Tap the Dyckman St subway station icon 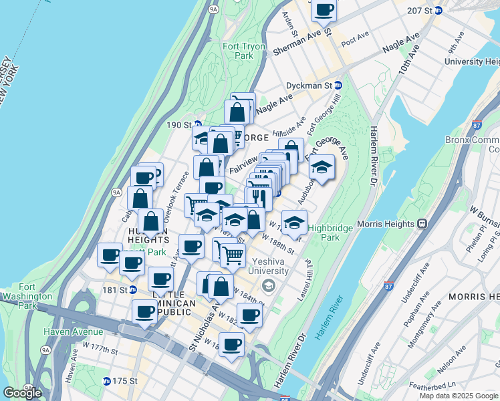click(x=338, y=86)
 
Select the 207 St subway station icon click(x=439, y=11)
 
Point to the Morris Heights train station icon click(x=422, y=225)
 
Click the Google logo click(x=22, y=393)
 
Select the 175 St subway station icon click(x=107, y=381)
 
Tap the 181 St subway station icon click(x=134, y=290)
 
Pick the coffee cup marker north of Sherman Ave click(x=324, y=10)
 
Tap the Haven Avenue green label click(x=74, y=331)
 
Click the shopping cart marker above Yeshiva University click(x=232, y=255)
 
